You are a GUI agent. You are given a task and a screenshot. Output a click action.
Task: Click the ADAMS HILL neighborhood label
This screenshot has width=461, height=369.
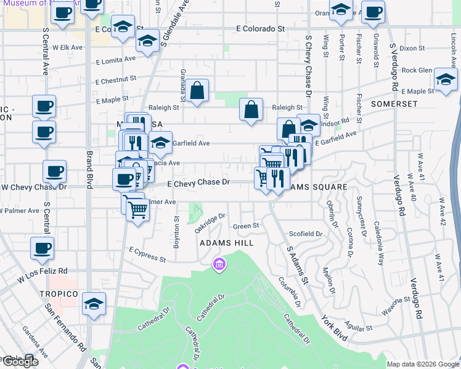[226, 244]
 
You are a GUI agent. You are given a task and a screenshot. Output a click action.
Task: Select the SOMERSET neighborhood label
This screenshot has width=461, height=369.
[394, 105]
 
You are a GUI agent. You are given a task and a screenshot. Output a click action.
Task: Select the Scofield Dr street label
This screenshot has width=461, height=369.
[306, 234]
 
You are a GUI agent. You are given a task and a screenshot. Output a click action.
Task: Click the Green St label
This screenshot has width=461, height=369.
[246, 226]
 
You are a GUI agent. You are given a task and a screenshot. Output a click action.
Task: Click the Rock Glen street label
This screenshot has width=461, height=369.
[417, 70]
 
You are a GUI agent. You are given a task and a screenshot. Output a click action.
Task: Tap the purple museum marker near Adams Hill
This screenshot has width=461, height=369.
[219, 265]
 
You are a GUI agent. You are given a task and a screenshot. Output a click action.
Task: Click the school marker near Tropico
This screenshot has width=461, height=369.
[94, 303]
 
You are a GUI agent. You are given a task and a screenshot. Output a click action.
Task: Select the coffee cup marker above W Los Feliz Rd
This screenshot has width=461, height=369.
[42, 248]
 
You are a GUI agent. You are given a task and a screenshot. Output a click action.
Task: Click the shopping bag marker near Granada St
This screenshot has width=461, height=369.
[197, 90]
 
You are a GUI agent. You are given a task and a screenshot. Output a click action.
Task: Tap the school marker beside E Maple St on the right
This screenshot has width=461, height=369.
[446, 79]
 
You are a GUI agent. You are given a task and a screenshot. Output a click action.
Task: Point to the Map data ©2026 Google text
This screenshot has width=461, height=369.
[423, 364]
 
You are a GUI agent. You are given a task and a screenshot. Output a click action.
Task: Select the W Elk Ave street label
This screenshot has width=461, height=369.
[67, 47]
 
